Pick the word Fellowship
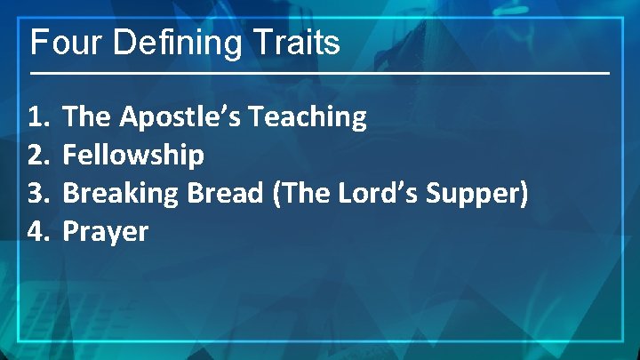point(133,156)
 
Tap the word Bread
point(224,194)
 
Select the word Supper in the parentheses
point(471,194)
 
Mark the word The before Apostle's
point(88,116)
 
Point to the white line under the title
point(320,72)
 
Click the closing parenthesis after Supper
point(523,194)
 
